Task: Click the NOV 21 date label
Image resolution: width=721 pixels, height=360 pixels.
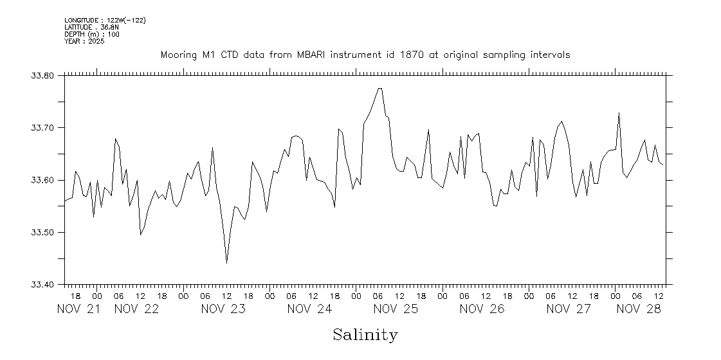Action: pos(79,309)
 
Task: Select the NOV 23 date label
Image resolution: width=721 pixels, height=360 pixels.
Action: pos(223,309)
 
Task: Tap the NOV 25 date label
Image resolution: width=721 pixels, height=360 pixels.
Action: pos(396,309)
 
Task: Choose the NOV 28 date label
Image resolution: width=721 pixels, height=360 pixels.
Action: pos(639,309)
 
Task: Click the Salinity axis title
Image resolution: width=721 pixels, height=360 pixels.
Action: pos(365,335)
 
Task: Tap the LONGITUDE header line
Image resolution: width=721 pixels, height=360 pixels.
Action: pos(105,21)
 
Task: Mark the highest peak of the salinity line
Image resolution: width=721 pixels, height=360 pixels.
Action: pos(380,88)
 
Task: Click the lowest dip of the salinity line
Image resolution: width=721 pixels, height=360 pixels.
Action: pos(226,263)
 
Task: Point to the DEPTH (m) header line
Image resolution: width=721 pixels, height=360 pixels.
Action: pos(91,34)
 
